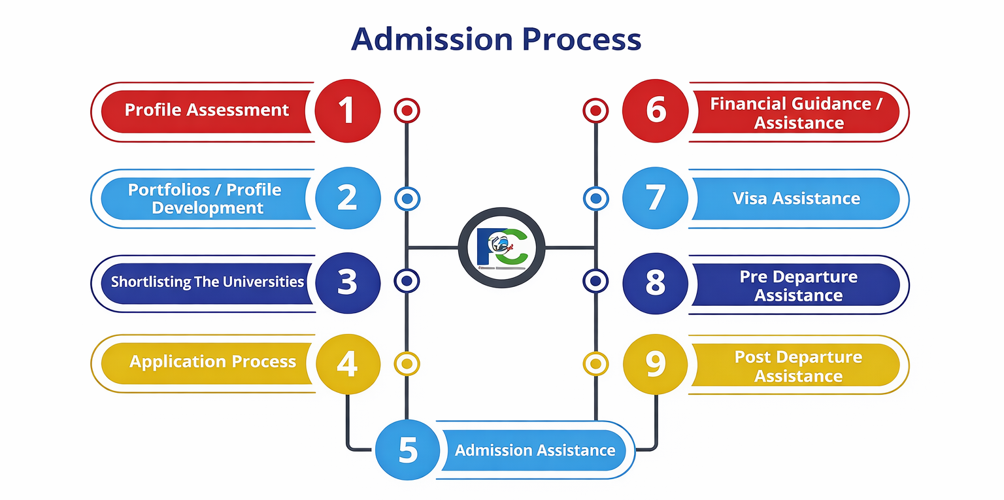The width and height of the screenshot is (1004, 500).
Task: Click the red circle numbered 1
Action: coord(347,110)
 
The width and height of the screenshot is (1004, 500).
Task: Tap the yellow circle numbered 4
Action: coord(347,363)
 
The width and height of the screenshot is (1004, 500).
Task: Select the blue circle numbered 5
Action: coord(408,450)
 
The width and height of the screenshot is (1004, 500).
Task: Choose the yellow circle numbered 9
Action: coord(655,364)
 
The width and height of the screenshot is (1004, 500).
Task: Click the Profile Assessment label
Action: coord(207,110)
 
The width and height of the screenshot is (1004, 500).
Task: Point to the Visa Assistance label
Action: coord(796,198)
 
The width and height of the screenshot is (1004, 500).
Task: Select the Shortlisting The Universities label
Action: coord(207,282)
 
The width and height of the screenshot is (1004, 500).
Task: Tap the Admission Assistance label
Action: coord(535,450)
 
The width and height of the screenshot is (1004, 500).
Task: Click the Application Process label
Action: coord(212,361)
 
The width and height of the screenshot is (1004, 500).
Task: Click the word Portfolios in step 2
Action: coord(168,190)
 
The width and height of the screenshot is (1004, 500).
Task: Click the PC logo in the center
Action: coord(501,247)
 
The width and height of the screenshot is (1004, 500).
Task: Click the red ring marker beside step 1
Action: coord(407,110)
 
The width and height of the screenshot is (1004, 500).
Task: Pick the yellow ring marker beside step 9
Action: coord(595,363)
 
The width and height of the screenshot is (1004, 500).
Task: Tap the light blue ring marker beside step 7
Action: coord(595,198)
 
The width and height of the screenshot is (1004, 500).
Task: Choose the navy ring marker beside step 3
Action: coord(407,281)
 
